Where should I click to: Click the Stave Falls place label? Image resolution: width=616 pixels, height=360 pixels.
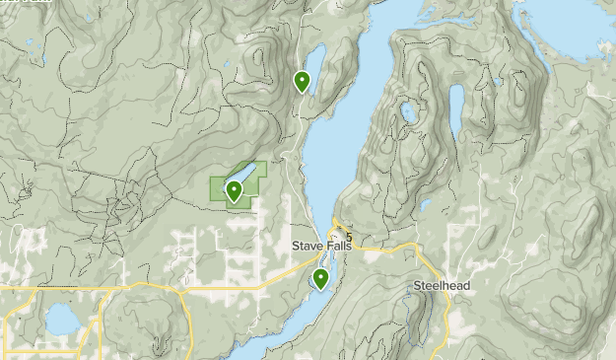pyautogui.click(x=321, y=246)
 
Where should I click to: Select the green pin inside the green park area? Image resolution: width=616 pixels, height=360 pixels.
pyautogui.click(x=235, y=191)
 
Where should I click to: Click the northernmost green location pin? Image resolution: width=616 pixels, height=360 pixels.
pyautogui.click(x=303, y=81)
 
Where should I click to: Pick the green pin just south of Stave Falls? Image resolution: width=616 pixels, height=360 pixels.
pyautogui.click(x=321, y=279)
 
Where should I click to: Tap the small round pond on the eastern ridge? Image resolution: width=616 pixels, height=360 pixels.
pyautogui.click(x=408, y=112)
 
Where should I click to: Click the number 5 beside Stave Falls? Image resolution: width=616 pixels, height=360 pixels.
pyautogui.click(x=348, y=239)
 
